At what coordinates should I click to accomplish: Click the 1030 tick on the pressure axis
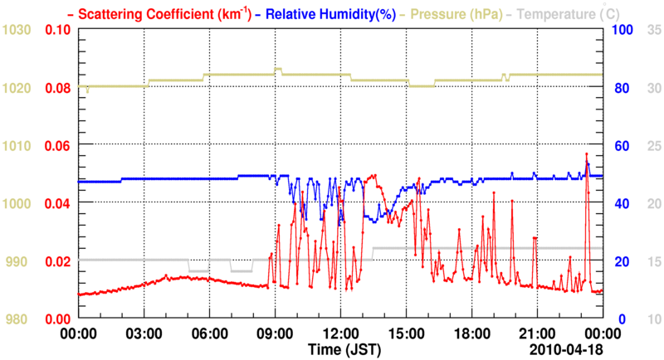coord(17,30)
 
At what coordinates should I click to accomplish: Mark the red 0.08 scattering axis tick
coord(58,88)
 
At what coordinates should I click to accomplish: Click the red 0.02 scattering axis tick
coord(58,261)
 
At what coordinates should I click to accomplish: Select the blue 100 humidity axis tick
coord(622,30)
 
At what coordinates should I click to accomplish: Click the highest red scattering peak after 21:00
coord(586,153)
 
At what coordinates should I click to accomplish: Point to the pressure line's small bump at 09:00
coord(279,69)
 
